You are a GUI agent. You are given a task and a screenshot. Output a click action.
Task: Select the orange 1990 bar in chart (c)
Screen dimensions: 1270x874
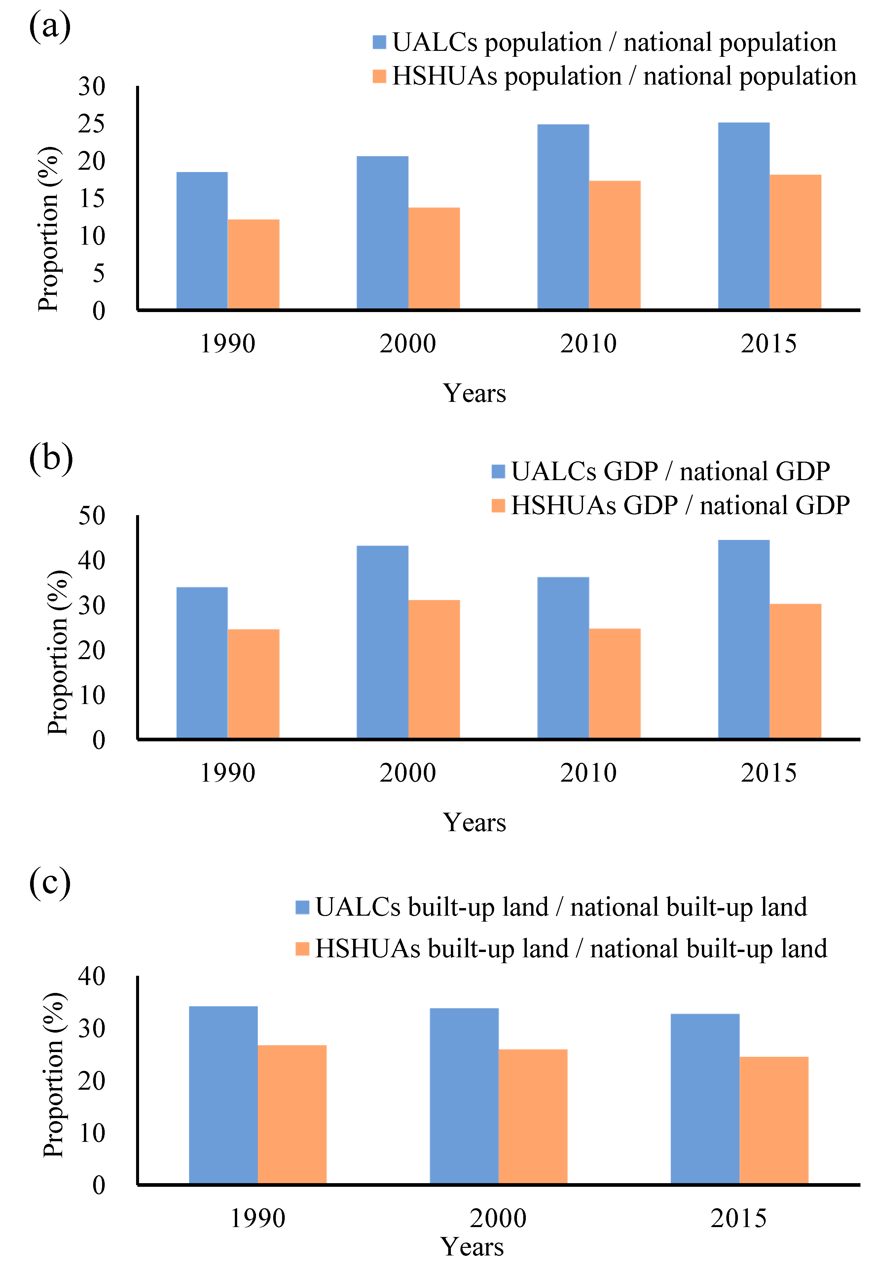pos(292,1114)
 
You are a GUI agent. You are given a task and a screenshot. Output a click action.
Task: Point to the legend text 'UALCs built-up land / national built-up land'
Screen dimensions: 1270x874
pos(561,907)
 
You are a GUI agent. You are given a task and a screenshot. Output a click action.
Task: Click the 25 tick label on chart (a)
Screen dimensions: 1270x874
pos(91,124)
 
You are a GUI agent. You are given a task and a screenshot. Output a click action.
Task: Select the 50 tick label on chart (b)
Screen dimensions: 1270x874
pos(91,516)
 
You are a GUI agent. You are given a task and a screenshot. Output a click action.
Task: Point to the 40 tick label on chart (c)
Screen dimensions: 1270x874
pos(91,976)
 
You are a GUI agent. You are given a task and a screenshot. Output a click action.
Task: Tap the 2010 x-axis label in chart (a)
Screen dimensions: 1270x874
pos(588,344)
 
